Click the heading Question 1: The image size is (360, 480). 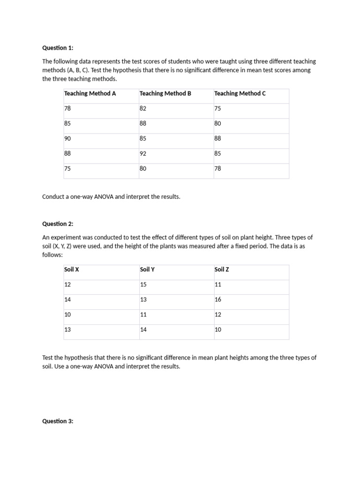pos(58,48)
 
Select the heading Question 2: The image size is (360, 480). pos(58,224)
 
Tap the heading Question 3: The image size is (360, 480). pos(58,421)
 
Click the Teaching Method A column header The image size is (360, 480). pos(90,93)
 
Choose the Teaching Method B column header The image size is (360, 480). pos(165,93)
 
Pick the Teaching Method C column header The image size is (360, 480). pos(240,93)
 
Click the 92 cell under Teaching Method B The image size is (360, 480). pos(143,153)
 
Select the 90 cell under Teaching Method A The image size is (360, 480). pos(67,138)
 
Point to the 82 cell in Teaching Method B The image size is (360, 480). pos(143,108)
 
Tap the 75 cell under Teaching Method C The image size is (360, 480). pos(217,108)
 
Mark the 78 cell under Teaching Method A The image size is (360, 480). pos(67,108)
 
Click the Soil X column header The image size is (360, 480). pos(72,270)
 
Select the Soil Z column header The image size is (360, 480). pos(222,270)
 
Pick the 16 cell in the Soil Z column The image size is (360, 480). pos(217,300)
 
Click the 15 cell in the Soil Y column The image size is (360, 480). pos(143,285)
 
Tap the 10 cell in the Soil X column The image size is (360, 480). pos(67,315)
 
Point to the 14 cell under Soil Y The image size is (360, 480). pos(143,330)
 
